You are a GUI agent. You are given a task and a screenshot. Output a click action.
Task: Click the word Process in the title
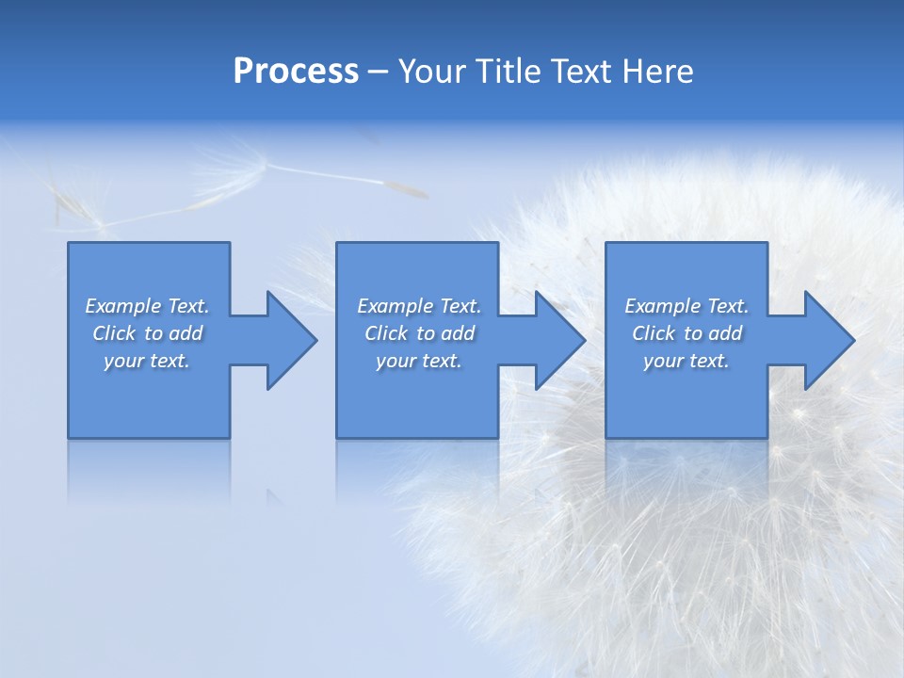(x=296, y=72)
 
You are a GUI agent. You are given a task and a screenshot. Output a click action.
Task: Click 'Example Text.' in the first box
(x=148, y=306)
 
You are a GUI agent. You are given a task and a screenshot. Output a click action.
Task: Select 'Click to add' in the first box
(x=148, y=333)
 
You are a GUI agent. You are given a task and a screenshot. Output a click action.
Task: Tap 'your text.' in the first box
(x=148, y=361)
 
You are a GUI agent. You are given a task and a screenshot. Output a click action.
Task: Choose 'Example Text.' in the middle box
(x=419, y=306)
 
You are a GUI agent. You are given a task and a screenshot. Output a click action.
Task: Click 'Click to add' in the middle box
(x=419, y=333)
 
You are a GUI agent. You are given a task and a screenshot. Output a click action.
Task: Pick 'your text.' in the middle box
(x=419, y=361)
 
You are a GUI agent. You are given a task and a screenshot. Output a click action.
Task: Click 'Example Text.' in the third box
(x=686, y=306)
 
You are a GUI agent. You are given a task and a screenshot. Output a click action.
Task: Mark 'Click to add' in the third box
(x=686, y=333)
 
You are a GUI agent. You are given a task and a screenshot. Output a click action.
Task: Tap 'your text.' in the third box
(x=686, y=361)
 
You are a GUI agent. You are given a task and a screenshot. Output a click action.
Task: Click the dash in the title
(x=378, y=73)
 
